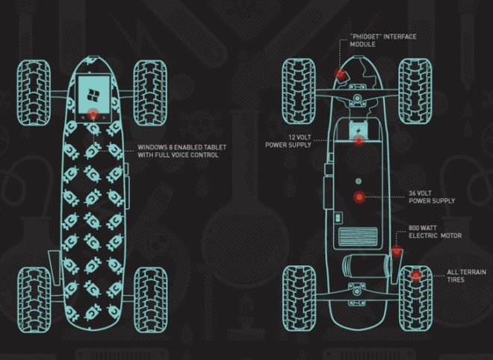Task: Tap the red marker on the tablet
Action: tap(93, 114)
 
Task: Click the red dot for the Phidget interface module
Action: tap(340, 74)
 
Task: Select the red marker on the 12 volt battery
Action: tap(359, 140)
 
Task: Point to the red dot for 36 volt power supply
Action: tap(359, 197)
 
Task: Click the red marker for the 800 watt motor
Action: tap(397, 251)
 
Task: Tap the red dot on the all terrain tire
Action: tap(416, 276)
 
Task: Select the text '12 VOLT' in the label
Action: tap(300, 137)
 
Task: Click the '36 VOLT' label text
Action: tap(420, 193)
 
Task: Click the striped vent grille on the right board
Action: tap(358, 237)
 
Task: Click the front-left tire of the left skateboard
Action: tap(34, 93)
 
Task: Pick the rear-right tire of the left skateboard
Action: tap(151, 300)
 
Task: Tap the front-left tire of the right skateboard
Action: tap(299, 91)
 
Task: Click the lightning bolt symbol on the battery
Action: tap(358, 131)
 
